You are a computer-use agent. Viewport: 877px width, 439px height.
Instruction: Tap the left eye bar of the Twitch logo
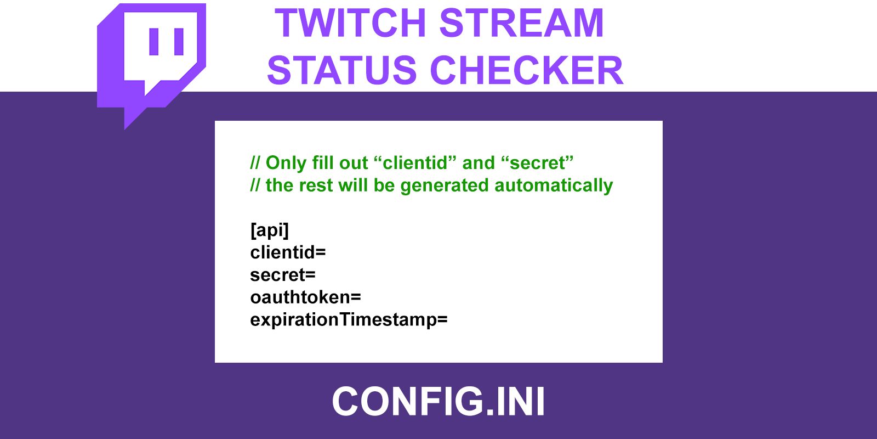tap(154, 42)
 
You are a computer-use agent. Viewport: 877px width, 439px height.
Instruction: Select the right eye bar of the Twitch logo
tap(179, 42)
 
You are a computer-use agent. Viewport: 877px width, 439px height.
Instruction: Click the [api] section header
tap(269, 230)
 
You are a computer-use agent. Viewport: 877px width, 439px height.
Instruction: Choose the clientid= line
tap(288, 252)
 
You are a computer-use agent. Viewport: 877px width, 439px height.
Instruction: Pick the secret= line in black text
tap(283, 275)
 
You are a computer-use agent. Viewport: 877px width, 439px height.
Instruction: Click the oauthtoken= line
tap(305, 297)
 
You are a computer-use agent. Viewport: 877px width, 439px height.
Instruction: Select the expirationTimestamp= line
tap(349, 320)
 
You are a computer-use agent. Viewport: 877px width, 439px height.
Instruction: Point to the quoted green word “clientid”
tap(415, 162)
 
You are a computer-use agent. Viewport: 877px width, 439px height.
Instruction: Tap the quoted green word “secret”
tap(537, 162)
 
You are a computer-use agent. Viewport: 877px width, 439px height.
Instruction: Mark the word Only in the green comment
tap(286, 163)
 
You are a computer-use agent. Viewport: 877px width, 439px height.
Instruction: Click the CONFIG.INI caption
tap(438, 401)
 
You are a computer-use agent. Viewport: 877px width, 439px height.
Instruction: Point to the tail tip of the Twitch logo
tap(125, 129)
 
